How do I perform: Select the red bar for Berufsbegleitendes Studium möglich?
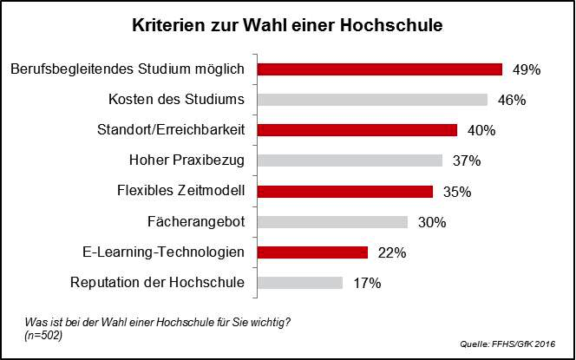click(x=381, y=69)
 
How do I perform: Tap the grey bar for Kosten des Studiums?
click(x=373, y=100)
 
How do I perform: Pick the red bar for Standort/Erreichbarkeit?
click(x=358, y=130)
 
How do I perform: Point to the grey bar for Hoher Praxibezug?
click(x=350, y=160)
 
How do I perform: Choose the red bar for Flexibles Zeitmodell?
click(x=346, y=191)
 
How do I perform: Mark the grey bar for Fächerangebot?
click(x=333, y=222)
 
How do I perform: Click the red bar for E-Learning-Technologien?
click(x=313, y=252)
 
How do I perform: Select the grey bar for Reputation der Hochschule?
click(x=301, y=283)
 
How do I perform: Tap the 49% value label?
click(x=527, y=69)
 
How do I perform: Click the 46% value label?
click(x=512, y=100)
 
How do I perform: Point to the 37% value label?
click(x=467, y=160)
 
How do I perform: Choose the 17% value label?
click(x=368, y=283)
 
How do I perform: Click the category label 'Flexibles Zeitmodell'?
click(x=180, y=191)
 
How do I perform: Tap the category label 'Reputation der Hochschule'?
click(x=156, y=283)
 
